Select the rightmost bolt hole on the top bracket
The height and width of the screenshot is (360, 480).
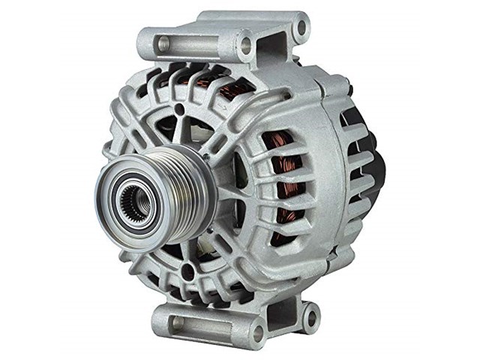click(x=301, y=28)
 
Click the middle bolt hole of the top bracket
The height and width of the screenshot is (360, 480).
click(x=245, y=45)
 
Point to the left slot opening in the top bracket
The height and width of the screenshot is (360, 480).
click(x=163, y=43)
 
